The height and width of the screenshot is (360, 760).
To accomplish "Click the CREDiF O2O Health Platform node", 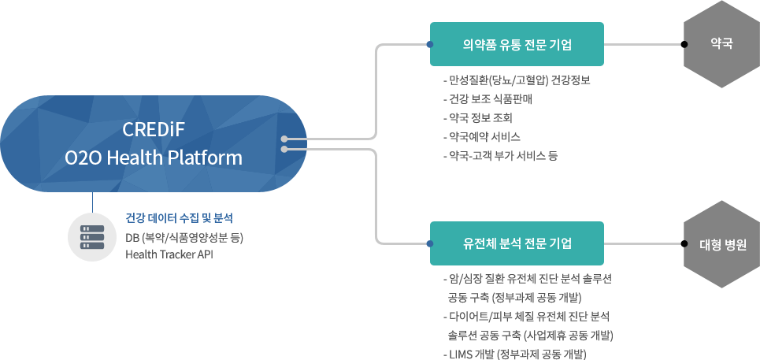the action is [x=153, y=143].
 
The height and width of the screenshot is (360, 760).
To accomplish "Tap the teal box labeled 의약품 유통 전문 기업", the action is [x=517, y=44].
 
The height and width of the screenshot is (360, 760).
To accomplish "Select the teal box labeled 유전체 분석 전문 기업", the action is [x=517, y=243].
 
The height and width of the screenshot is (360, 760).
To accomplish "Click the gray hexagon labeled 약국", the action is [x=721, y=44].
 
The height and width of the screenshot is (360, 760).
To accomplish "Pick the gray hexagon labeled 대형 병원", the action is [x=721, y=243].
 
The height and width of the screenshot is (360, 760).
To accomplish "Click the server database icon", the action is [x=92, y=237].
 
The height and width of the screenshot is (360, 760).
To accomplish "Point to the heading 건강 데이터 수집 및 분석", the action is [x=179, y=218].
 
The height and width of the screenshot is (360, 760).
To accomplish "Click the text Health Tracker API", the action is [x=169, y=254].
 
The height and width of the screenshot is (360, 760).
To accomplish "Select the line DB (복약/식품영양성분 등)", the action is [x=184, y=238].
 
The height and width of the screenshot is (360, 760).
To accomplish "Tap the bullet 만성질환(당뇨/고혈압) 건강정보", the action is [x=517, y=80].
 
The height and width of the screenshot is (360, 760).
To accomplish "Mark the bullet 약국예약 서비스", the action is [x=482, y=137].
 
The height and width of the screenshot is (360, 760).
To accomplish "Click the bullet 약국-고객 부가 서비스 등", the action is [x=501, y=156].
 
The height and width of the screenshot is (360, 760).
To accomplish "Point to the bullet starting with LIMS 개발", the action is [x=515, y=354].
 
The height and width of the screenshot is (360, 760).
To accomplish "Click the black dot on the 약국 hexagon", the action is [x=684, y=44].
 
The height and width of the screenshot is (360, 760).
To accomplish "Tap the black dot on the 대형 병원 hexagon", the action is [x=684, y=243].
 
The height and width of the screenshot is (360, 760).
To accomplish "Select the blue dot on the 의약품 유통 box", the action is [x=429, y=44].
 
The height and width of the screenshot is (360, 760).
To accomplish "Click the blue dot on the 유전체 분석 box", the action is [x=429, y=243].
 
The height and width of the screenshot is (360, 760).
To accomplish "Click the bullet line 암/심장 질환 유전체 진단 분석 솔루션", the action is [x=528, y=279].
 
